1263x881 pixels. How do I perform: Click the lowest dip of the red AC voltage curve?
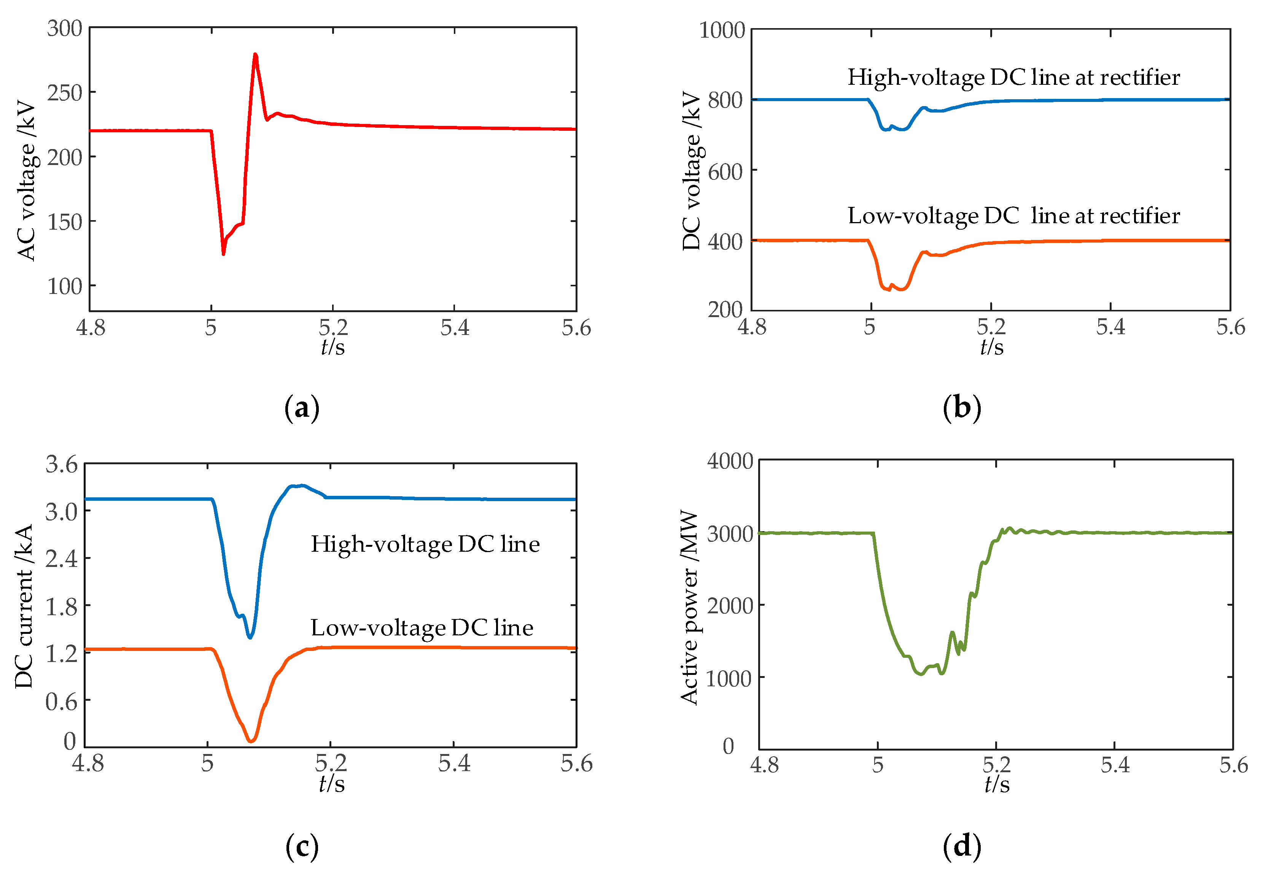[223, 254]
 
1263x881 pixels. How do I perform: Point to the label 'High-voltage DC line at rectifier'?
[1013, 78]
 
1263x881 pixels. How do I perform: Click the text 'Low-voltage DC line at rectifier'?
[1013, 216]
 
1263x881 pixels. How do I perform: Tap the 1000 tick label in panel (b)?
[722, 30]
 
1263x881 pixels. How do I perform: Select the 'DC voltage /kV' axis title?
[692, 170]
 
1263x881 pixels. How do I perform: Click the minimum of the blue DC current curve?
[250, 637]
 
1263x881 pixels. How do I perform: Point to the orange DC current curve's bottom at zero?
[251, 741]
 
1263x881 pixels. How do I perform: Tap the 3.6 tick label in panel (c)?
[62, 465]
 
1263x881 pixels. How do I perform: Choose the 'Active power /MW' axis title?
[689, 607]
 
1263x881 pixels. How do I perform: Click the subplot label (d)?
[962, 846]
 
